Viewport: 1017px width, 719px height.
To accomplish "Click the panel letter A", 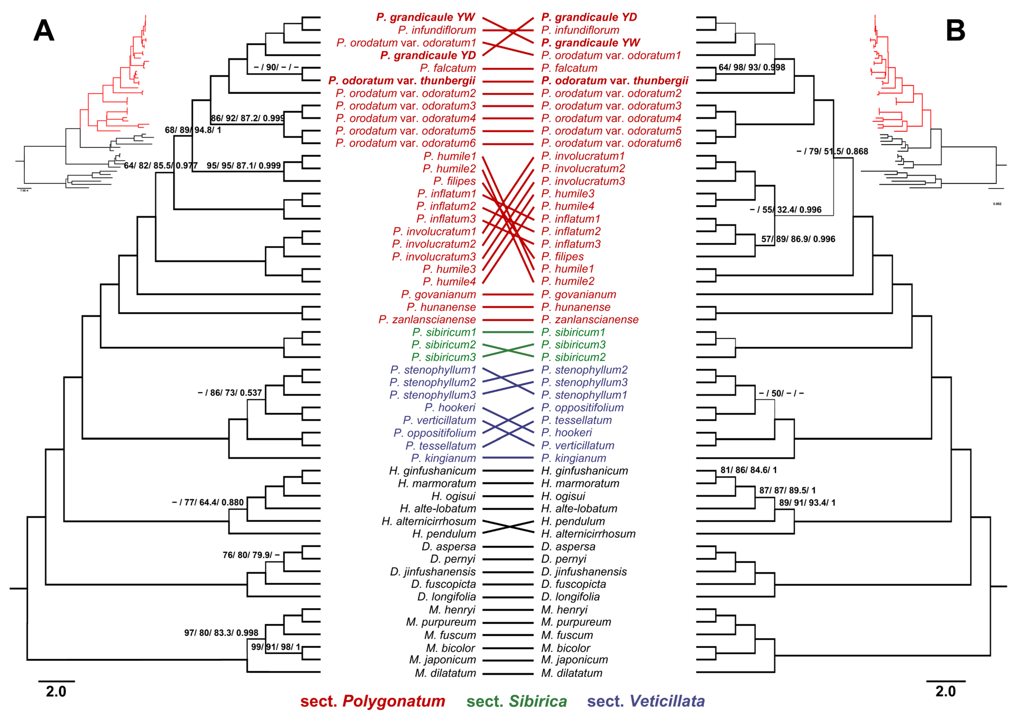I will (44, 31).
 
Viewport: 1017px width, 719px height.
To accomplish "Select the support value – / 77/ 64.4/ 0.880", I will (208, 502).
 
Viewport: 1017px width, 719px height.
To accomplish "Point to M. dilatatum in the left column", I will (445, 673).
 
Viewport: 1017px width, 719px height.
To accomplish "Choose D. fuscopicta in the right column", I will (573, 584).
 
